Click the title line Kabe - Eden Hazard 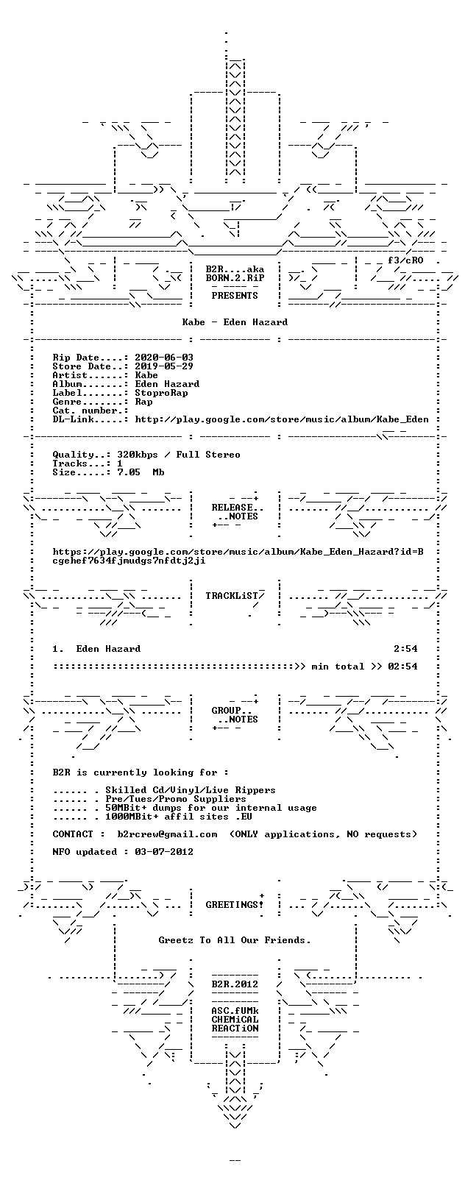[235, 322]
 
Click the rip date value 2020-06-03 [164, 358]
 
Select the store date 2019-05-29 [164, 366]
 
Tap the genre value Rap [143, 402]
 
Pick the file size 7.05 [129, 472]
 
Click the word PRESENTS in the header [235, 296]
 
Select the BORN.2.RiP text [235, 278]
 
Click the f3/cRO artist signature [405, 260]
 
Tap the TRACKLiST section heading [235, 596]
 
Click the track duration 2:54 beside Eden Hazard [405, 649]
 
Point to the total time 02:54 [402, 667]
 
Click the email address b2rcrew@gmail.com [167, 834]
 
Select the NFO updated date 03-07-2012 [164, 852]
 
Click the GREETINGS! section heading [235, 905]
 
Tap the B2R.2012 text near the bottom [235, 984]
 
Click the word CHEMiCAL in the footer [235, 1020]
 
